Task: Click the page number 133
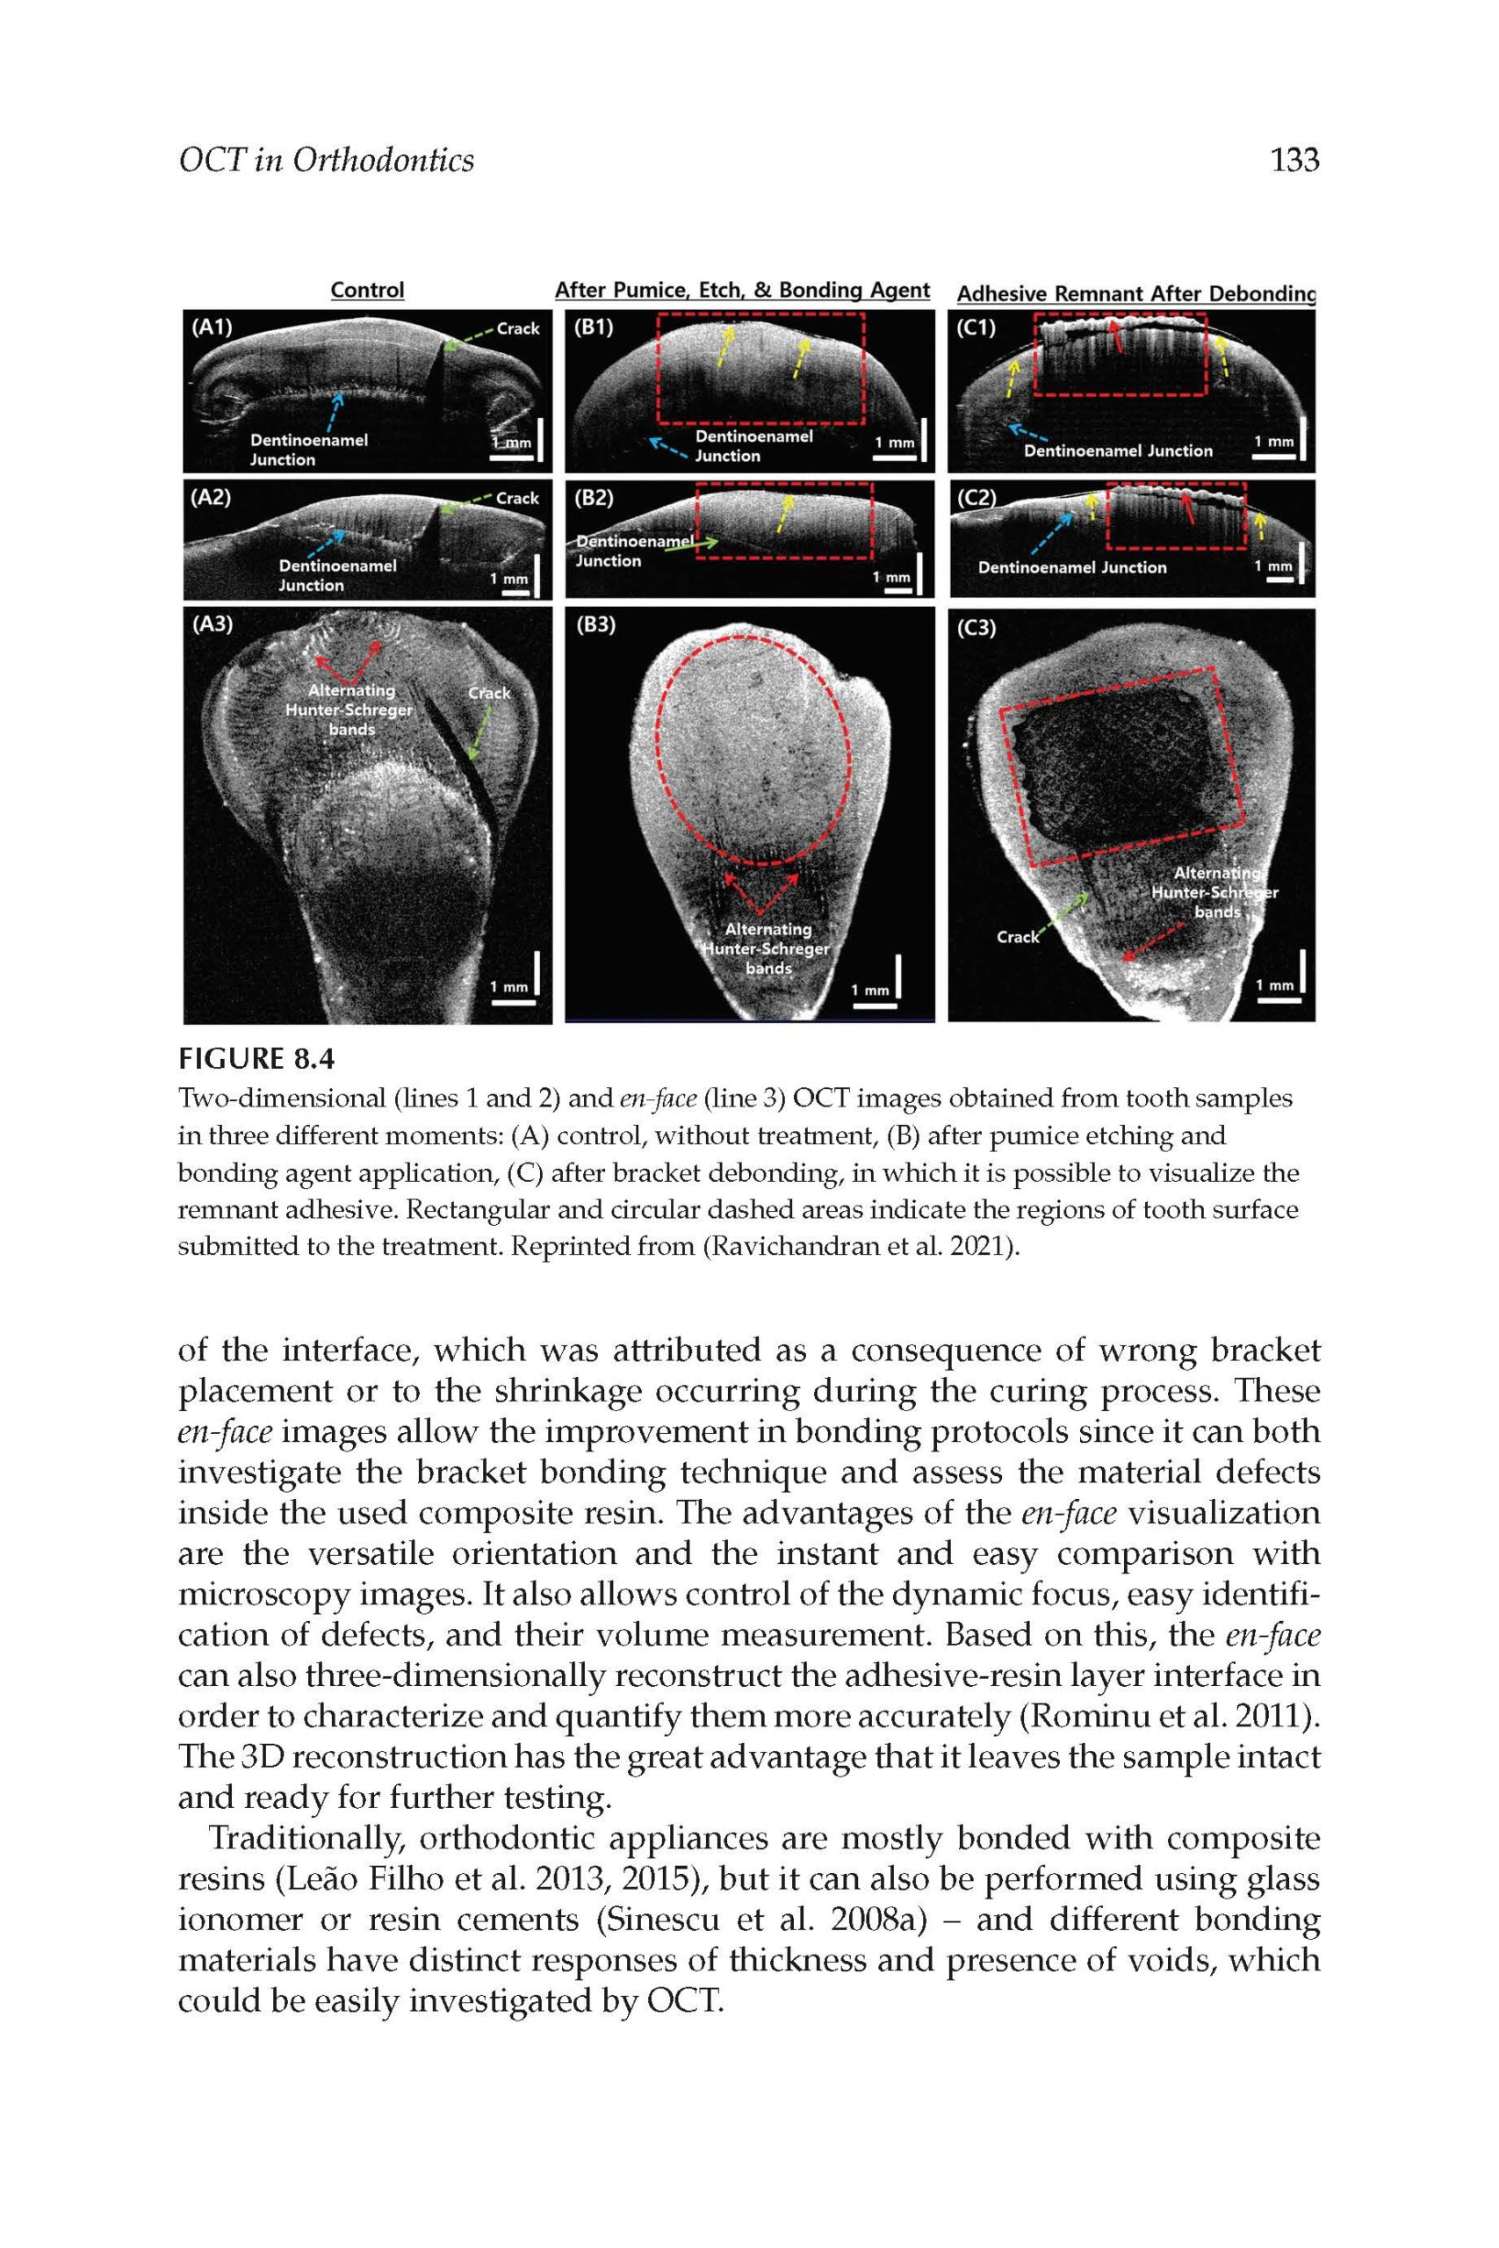[x=1294, y=160]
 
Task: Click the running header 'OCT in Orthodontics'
[x=326, y=160]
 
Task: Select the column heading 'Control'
[x=367, y=290]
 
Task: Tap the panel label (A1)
[x=212, y=328]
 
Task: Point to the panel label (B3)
[x=596, y=626]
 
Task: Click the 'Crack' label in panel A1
[x=517, y=328]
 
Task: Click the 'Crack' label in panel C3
[x=1017, y=937]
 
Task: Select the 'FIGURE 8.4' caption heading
[x=258, y=1059]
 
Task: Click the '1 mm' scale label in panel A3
[x=508, y=986]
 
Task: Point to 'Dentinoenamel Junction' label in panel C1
[x=1118, y=451]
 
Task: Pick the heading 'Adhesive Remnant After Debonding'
[x=1135, y=294]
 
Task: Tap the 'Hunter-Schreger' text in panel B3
[x=767, y=949]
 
